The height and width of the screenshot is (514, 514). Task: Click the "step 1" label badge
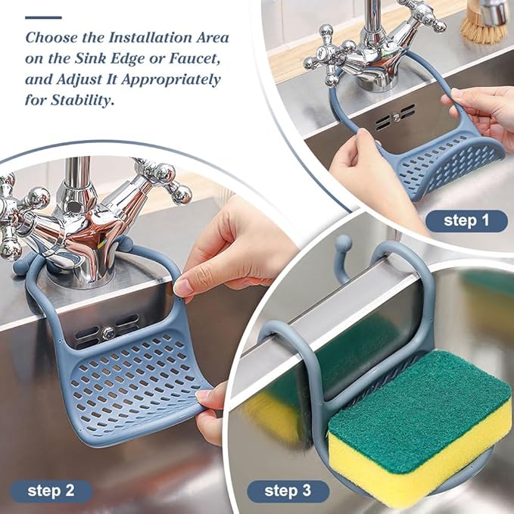point(466,221)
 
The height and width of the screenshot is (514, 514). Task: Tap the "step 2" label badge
point(51,491)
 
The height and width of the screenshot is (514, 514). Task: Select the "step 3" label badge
point(288,491)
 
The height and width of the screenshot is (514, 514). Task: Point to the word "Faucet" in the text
point(195,58)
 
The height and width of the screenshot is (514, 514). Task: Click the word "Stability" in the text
point(82,100)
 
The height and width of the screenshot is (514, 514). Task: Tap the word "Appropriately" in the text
point(171,80)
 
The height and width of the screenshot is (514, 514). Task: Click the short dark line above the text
point(43,17)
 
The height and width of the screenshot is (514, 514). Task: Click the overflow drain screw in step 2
point(108,334)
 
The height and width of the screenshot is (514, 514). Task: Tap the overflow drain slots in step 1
point(395,117)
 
